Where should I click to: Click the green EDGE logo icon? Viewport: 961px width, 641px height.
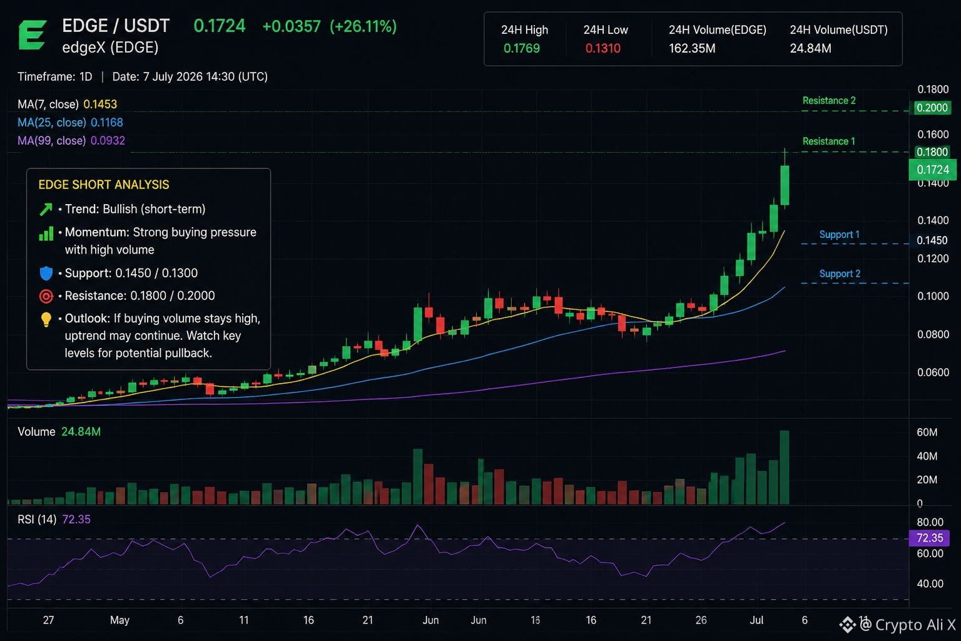point(32,35)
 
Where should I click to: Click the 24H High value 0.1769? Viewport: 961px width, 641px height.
point(521,48)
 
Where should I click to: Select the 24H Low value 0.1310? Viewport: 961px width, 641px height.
point(603,48)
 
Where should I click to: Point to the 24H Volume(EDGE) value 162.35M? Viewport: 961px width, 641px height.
point(692,48)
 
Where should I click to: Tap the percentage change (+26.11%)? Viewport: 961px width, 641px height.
point(363,26)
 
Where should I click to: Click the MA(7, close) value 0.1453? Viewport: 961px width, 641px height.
point(100,104)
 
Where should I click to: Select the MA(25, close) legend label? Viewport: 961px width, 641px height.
point(52,122)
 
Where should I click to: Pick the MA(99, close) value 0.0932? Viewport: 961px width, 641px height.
point(108,140)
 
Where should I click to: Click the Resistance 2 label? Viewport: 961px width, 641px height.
point(829,100)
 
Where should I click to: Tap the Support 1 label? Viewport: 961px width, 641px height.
point(839,234)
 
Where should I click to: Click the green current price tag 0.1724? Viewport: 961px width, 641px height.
point(933,170)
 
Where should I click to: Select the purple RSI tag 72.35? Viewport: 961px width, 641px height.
point(929,538)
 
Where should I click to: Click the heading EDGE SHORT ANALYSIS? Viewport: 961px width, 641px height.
point(104,185)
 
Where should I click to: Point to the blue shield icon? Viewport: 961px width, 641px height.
point(46,273)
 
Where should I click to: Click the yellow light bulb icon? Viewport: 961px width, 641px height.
point(46,319)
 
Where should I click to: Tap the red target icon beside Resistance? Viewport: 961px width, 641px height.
point(46,296)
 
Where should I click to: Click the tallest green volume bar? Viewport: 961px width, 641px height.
point(784,467)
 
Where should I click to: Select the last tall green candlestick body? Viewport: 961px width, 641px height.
point(785,185)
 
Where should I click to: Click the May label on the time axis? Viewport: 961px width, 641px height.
point(119,620)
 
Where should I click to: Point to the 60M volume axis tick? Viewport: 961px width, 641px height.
point(927,432)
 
